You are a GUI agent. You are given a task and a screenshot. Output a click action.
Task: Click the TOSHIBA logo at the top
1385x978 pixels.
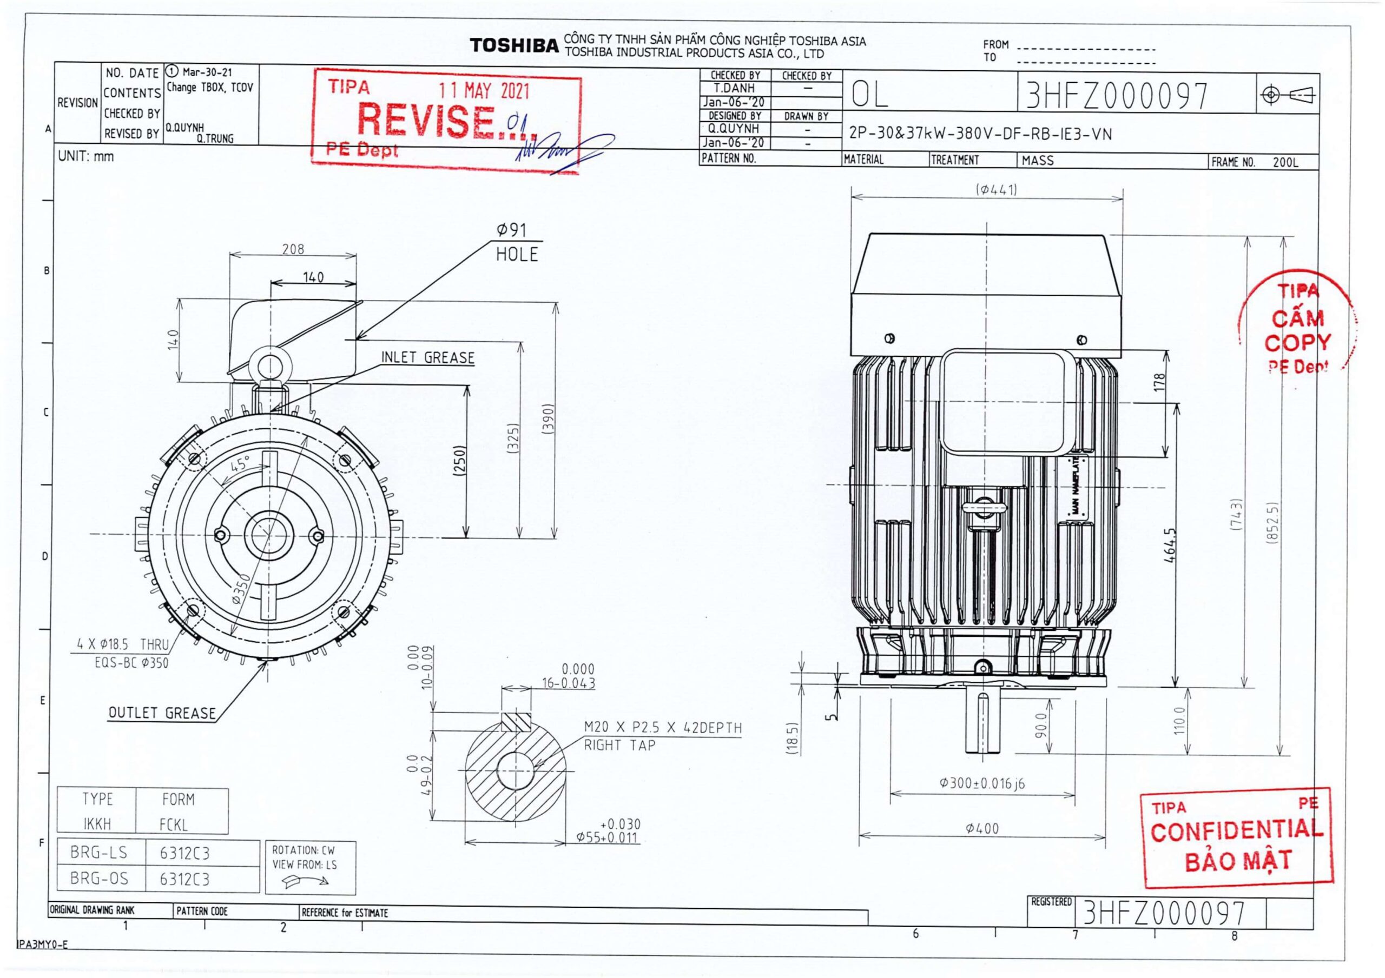coord(514,46)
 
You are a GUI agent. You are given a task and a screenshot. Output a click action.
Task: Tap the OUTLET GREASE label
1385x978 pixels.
coord(162,713)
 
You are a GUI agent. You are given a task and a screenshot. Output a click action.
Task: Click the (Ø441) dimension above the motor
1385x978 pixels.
coord(997,190)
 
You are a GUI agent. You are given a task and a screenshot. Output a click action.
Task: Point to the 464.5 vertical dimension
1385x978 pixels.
coord(1170,545)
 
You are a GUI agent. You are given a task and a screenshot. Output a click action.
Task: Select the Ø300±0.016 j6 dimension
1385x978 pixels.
coord(982,784)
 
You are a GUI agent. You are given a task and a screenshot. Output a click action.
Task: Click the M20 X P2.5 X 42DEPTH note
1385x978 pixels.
coord(662,728)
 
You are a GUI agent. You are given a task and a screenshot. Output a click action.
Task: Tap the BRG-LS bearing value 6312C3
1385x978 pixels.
coord(184,854)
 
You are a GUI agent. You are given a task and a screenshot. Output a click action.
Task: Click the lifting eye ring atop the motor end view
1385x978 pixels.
coord(271,366)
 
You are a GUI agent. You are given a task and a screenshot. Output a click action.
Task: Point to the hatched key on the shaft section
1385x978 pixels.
coord(516,722)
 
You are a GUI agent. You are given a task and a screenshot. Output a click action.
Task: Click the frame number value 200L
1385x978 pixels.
coord(1285,163)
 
